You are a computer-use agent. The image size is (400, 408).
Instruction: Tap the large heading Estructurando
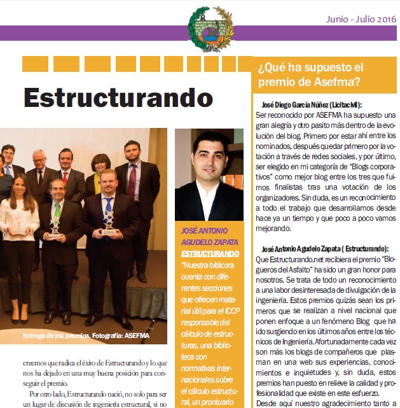click(x=118, y=97)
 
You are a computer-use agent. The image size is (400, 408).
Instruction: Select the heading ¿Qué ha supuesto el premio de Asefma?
click(x=310, y=74)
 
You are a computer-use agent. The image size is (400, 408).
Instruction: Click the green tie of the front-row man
click(x=57, y=210)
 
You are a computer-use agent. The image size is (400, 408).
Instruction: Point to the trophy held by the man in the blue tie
click(x=109, y=225)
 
